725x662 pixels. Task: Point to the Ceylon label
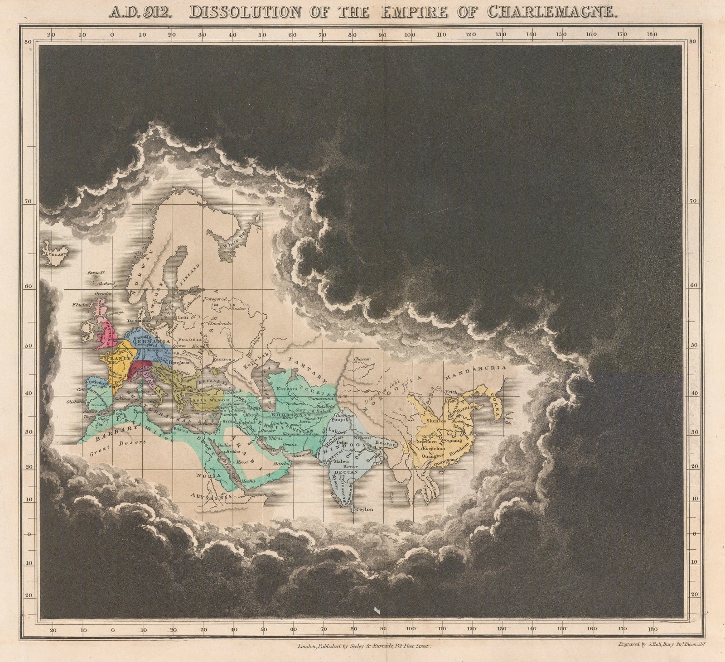[x=364, y=509]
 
